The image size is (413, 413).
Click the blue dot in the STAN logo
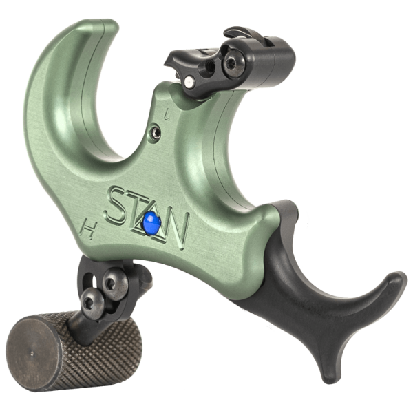tap(151, 222)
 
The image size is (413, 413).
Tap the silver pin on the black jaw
tap(189, 82)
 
